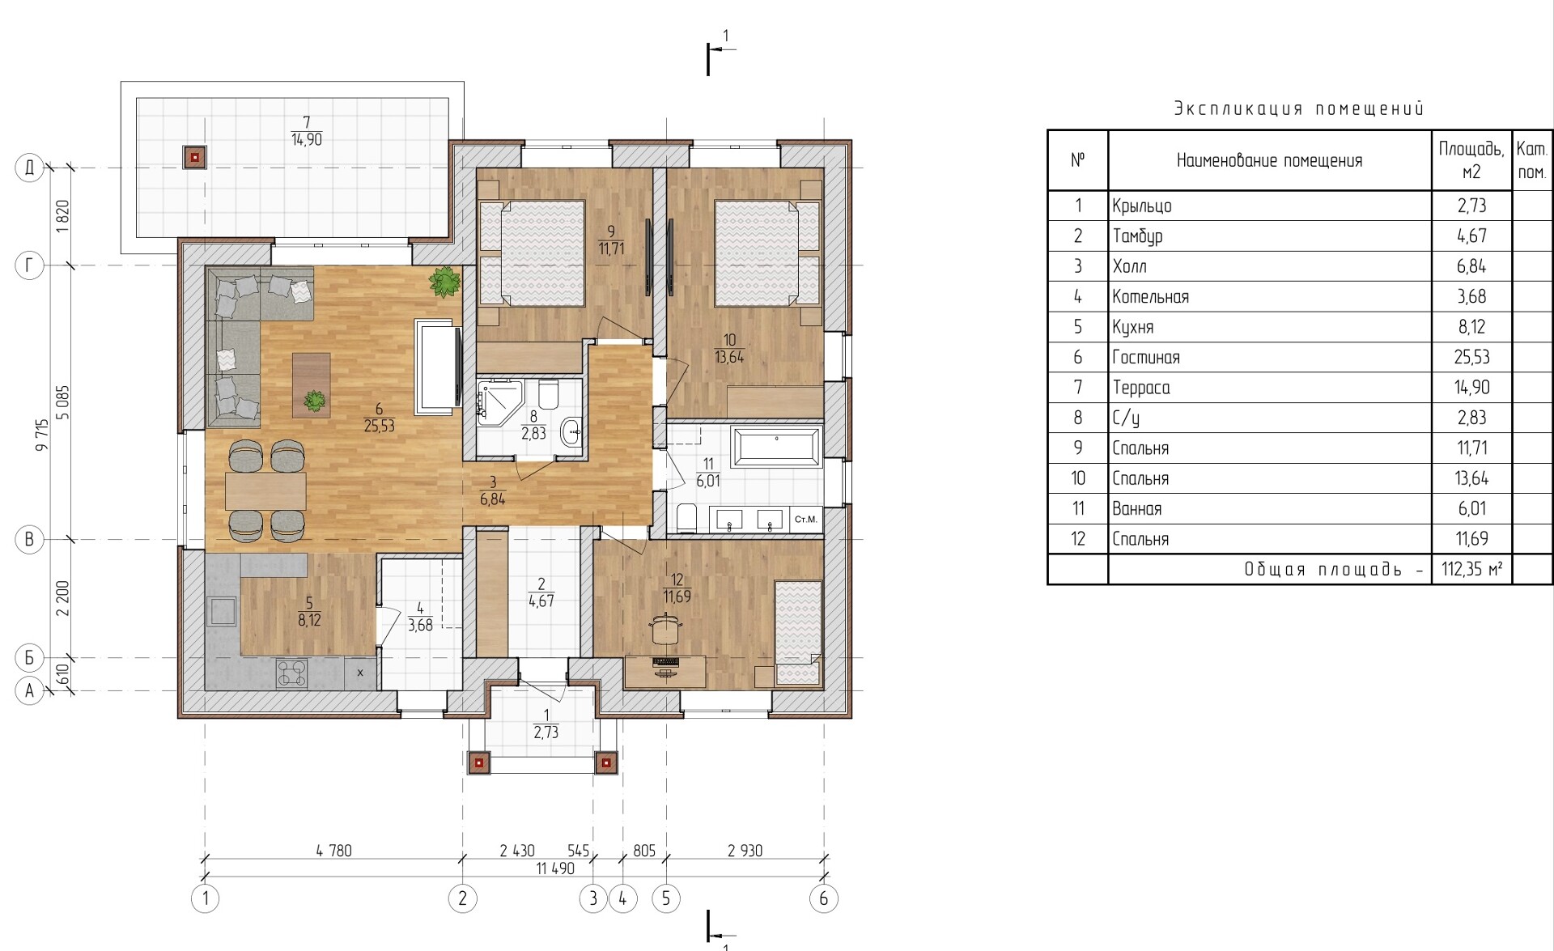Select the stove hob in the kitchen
pos(292,673)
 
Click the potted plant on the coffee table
pos(314,400)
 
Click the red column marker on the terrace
pos(194,157)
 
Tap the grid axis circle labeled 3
pos(593,898)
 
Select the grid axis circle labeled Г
pos(30,265)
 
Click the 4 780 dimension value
pos(333,851)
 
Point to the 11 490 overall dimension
pos(555,868)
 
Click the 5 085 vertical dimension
pos(63,402)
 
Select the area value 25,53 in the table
pos(1471,357)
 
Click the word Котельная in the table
pos(1150,297)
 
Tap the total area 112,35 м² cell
pos(1471,569)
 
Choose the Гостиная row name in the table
pos(1145,357)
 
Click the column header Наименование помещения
pos(1269,160)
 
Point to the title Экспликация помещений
pos(1299,108)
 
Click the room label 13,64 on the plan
pos(729,357)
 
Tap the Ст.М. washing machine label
pos(806,519)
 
